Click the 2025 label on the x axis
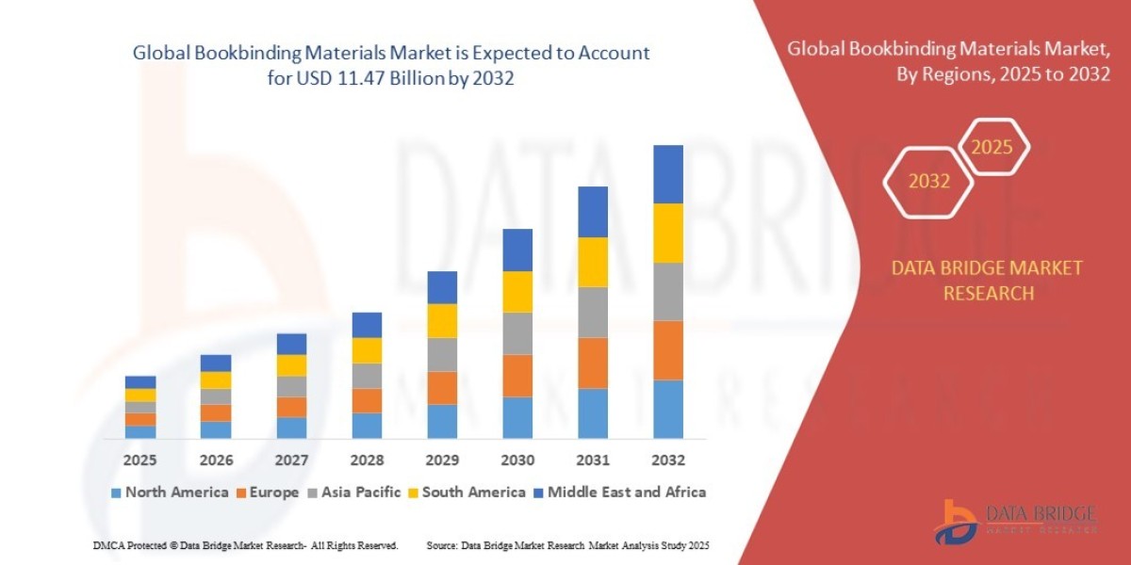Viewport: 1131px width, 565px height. [x=140, y=460]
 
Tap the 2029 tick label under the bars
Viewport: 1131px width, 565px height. [x=442, y=460]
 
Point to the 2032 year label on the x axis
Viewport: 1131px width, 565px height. [x=667, y=460]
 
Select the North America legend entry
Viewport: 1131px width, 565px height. [x=170, y=492]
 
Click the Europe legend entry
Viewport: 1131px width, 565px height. [x=273, y=492]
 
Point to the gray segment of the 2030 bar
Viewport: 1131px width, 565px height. [x=517, y=333]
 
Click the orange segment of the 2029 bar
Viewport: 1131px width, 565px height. [x=442, y=388]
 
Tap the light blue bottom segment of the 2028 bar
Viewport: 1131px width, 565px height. [x=367, y=426]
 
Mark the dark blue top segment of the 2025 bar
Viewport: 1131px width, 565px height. [x=140, y=382]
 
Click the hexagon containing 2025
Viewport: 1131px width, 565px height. [x=992, y=148]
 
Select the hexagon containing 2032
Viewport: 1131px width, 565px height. [x=929, y=182]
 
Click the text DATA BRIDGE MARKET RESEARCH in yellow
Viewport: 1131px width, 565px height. [x=987, y=281]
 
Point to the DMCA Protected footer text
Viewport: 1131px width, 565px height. [x=245, y=545]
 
